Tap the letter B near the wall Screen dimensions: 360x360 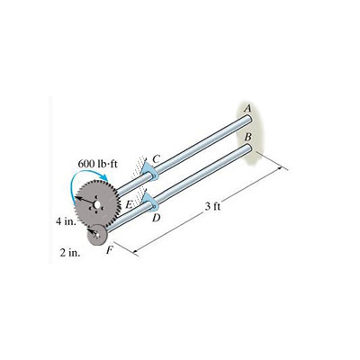coord(248,136)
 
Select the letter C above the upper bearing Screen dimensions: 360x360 coord(157,159)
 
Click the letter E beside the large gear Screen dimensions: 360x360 coord(129,206)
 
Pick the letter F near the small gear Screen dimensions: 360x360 coord(109,250)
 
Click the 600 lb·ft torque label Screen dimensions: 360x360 coord(98,167)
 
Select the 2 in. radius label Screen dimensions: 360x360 coord(69,253)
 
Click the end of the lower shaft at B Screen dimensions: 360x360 coord(246,148)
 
